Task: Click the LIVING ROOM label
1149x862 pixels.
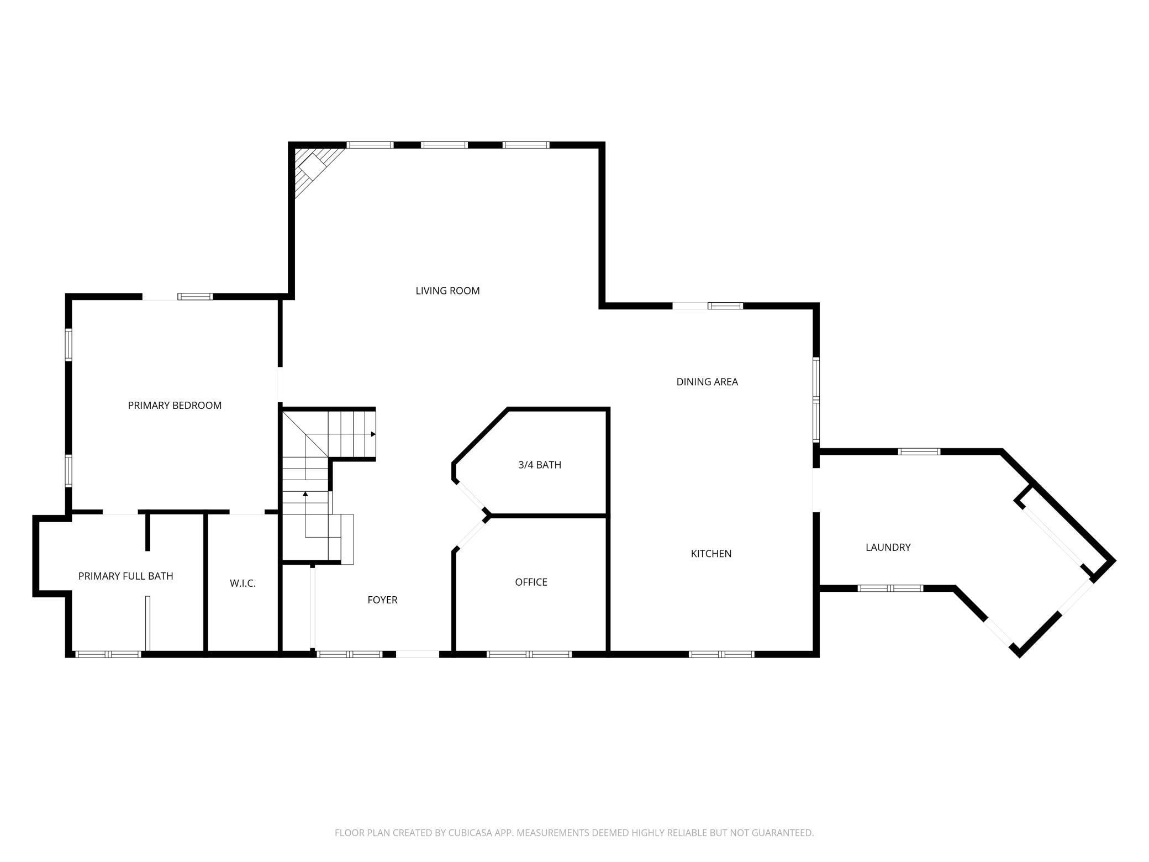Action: click(447, 291)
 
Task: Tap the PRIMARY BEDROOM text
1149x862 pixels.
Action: click(175, 405)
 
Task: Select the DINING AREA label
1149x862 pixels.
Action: click(707, 382)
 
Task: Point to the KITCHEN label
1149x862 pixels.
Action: click(711, 554)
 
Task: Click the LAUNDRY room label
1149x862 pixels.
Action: click(888, 547)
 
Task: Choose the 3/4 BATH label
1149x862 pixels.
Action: click(540, 465)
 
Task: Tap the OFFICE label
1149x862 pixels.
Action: click(531, 582)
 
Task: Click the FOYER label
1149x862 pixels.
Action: click(382, 600)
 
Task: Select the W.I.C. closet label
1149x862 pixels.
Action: click(243, 584)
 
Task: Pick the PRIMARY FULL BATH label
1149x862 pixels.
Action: click(126, 576)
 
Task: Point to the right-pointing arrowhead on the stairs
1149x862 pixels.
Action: click(373, 434)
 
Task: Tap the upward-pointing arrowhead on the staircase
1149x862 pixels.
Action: click(305, 493)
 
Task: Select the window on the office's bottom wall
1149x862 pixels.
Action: click(529, 654)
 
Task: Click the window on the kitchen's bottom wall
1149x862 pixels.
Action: click(721, 654)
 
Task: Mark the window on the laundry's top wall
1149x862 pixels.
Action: click(919, 451)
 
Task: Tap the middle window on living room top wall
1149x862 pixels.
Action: click(444, 145)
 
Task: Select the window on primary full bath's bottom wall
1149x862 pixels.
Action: click(108, 654)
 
